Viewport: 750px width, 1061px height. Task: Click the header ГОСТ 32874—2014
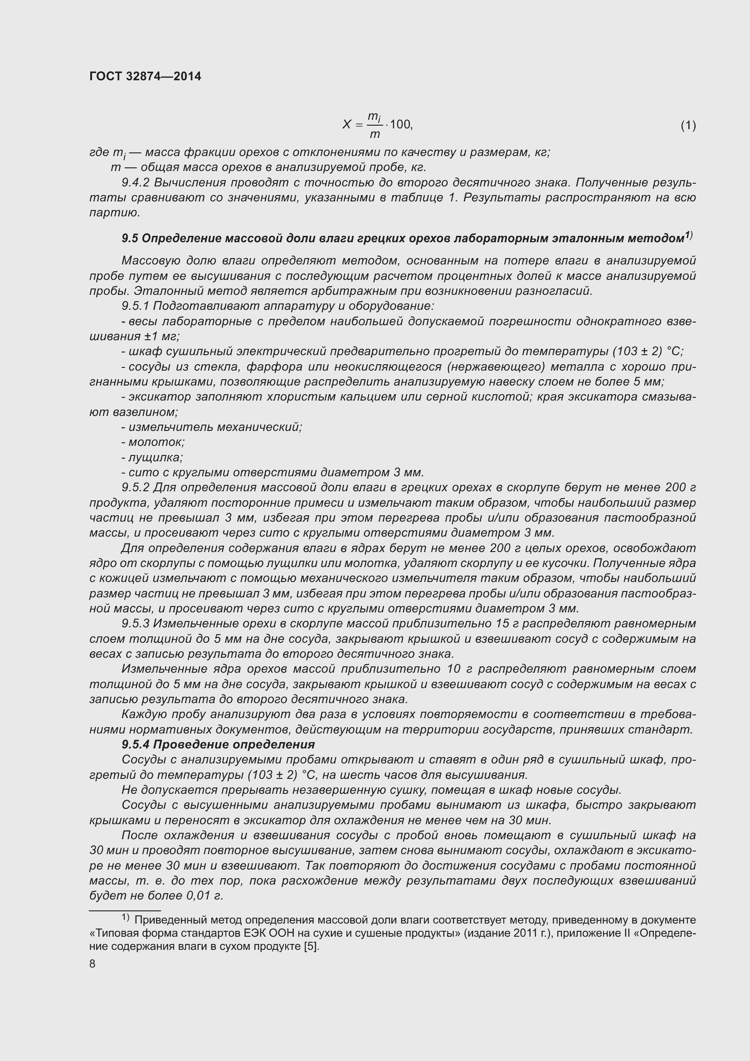[x=145, y=77]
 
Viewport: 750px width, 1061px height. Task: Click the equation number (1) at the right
[x=688, y=125]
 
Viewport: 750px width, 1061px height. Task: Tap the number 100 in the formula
[x=400, y=124]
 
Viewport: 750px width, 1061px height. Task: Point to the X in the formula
[x=347, y=124]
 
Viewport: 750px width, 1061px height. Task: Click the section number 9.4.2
[x=136, y=182]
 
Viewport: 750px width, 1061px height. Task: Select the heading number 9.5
[x=130, y=239]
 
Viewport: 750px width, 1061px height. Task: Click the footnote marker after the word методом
[x=688, y=235]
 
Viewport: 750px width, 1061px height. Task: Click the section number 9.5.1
[x=136, y=306]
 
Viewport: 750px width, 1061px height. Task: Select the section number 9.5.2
[x=136, y=488]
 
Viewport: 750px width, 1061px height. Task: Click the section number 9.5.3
[x=136, y=623]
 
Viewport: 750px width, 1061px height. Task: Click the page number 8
[x=93, y=964]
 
